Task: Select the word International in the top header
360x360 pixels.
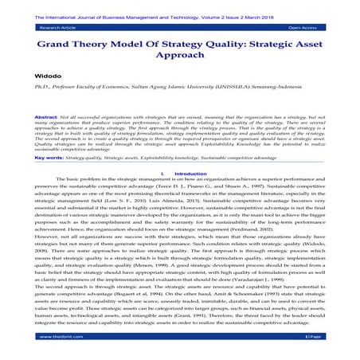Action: (x=67, y=10)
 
